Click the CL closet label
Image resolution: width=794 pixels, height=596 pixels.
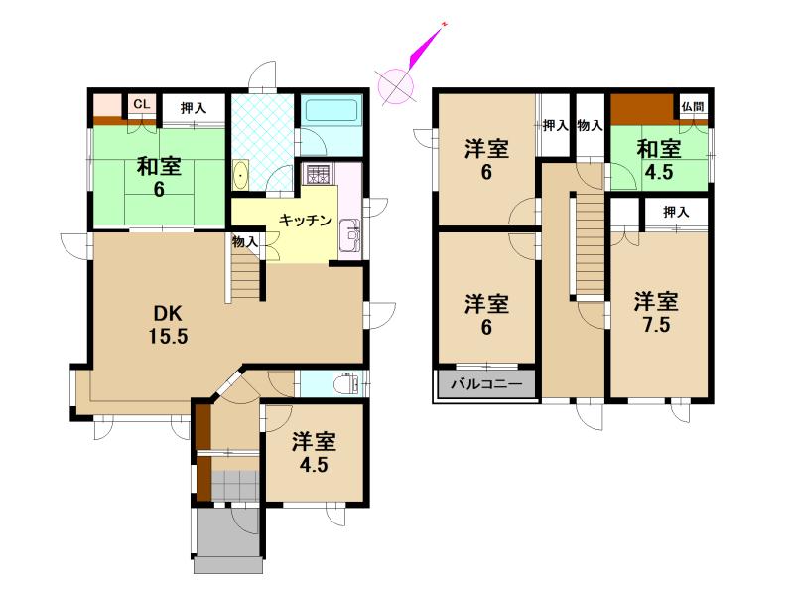point(142,105)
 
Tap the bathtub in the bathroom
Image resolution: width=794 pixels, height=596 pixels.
point(331,111)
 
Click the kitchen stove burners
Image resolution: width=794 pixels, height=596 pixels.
point(317,174)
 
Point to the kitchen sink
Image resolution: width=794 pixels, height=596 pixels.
point(349,235)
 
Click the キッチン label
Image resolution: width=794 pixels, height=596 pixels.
point(306,221)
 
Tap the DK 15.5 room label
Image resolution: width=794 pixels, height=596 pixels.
point(168,325)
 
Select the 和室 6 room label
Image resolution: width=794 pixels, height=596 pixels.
point(159,177)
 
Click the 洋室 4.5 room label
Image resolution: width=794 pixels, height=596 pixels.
point(314,453)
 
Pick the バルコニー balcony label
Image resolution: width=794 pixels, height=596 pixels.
point(486,384)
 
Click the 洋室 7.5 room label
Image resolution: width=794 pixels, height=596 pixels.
point(656,313)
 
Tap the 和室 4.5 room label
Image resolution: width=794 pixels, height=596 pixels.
point(659,161)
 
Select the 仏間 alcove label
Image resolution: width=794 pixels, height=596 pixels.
point(692,107)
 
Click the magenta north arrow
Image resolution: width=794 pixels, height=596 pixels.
point(428,45)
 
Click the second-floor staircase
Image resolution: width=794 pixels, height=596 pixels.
point(590,242)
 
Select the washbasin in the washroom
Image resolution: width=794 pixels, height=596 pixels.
point(241,175)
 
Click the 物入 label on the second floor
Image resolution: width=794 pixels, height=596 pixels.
point(590,126)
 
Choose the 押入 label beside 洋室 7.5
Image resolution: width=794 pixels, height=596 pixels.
point(677,212)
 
